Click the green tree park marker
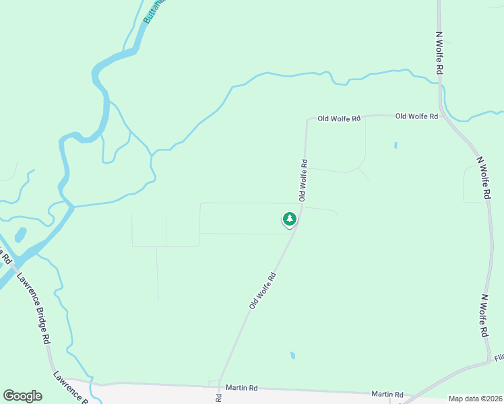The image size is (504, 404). click(289, 219)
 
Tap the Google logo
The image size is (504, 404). click(22, 395)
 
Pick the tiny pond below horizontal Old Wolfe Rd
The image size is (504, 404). click(396, 145)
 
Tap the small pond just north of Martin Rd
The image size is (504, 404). click(292, 355)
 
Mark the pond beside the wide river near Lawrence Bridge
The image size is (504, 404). click(20, 235)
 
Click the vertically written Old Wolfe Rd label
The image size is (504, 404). click(304, 180)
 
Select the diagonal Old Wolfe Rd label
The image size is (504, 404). click(263, 290)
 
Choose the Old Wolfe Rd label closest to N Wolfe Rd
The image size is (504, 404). click(416, 116)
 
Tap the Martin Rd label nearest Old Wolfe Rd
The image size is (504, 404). click(241, 388)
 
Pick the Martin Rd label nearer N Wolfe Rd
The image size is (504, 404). click(387, 394)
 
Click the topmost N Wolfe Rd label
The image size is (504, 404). click(439, 53)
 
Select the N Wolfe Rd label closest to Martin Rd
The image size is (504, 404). click(484, 315)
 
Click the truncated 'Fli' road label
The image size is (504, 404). click(499, 358)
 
